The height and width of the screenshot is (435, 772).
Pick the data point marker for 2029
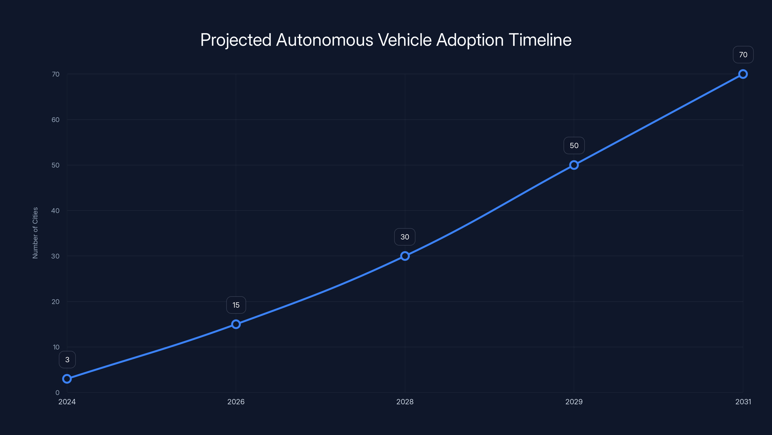(574, 165)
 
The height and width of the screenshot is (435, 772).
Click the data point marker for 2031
(743, 74)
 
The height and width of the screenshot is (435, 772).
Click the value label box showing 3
(67, 359)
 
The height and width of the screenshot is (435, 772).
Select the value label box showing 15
(236, 305)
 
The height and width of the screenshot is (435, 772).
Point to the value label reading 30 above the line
(405, 237)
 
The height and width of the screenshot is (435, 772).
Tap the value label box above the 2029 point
(574, 145)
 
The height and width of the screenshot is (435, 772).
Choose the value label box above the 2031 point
(743, 55)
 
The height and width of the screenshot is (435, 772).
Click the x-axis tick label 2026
(236, 402)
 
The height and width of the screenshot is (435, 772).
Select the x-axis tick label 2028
(405, 402)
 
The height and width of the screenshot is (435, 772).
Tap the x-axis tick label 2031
(743, 402)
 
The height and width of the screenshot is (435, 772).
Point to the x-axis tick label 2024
(67, 402)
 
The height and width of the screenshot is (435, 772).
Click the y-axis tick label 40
(55, 210)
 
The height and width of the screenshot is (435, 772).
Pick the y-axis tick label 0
(57, 392)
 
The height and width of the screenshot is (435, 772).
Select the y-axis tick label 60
(55, 119)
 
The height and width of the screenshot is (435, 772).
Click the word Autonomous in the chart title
(324, 40)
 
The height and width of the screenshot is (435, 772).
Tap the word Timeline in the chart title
(540, 40)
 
